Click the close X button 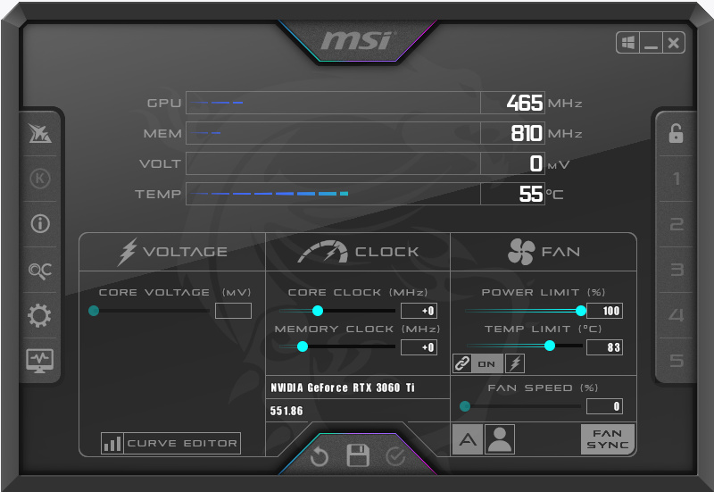click(674, 43)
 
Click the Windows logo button click(628, 43)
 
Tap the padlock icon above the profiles click(676, 133)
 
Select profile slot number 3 click(677, 270)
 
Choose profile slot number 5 click(677, 361)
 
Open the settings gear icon click(39, 315)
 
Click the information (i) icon click(40, 224)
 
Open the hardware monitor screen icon click(39, 361)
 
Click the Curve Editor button click(170, 443)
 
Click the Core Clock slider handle click(318, 311)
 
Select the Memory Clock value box click(419, 347)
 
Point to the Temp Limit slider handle click(550, 346)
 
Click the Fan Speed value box click(605, 406)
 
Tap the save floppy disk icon click(358, 455)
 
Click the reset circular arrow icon click(320, 456)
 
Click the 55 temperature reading click(531, 194)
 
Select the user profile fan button click(500, 439)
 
